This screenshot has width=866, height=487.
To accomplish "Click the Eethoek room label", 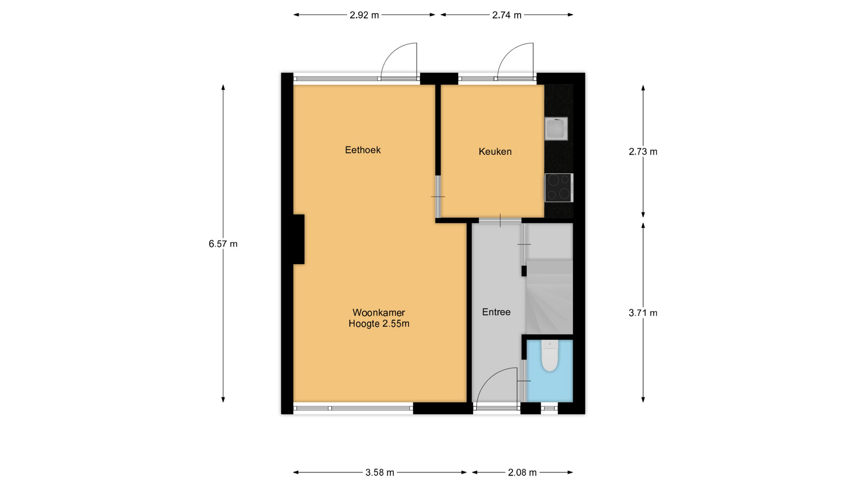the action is pos(363,150).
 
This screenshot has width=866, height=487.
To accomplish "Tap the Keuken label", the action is pos(495,152).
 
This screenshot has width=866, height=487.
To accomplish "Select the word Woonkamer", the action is pos(378,312).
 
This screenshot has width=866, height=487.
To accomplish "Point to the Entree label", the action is pos(496,312).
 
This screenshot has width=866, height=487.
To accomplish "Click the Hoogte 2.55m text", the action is pos(379,324).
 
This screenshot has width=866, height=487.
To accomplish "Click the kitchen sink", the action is pos(556,129).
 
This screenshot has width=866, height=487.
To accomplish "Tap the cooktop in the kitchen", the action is pos(559,188).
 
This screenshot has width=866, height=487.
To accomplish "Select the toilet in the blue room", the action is pos(549,356).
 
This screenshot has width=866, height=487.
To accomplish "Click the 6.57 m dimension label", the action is pos(223,244).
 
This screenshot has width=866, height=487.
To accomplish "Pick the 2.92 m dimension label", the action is pos(364,15).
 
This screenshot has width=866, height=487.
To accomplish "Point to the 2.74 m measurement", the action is pos(507,15).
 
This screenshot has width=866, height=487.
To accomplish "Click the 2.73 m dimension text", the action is pos(643,152).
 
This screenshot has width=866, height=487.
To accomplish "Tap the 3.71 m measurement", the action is pos(643,313).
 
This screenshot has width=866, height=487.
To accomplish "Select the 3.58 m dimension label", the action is pos(379,473).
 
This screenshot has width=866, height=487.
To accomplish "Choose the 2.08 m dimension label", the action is pos(522,473).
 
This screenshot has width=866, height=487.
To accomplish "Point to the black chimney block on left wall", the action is pos(299,239).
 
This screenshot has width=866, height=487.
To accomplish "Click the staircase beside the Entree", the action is pos(549,289).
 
